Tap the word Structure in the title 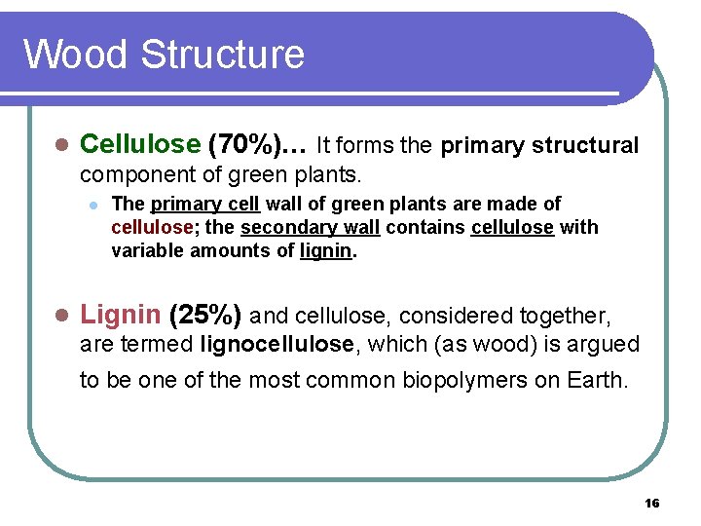[x=222, y=54]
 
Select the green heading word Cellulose [x=139, y=145]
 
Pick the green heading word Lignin [x=120, y=315]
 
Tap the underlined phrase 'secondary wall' [x=310, y=227]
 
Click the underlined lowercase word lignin [x=326, y=250]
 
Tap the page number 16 [x=652, y=503]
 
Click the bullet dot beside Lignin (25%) [x=59, y=316]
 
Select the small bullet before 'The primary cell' [x=92, y=205]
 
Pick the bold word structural [x=581, y=146]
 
